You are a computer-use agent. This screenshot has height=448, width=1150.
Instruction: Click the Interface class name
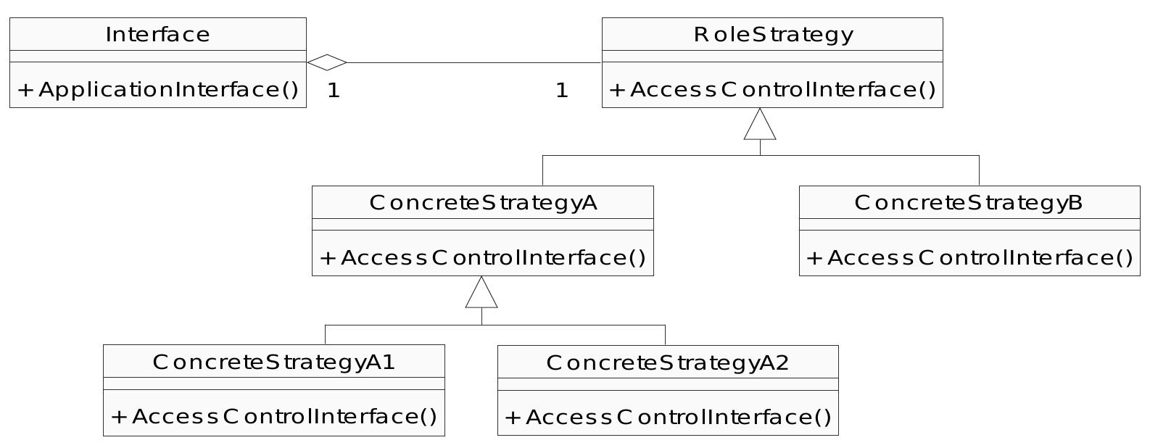tap(157, 34)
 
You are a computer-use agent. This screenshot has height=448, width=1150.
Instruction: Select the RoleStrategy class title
tap(773, 34)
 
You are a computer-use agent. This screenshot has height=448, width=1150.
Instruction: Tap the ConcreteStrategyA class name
tap(483, 202)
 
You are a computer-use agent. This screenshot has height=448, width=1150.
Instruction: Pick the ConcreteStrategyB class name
tap(969, 202)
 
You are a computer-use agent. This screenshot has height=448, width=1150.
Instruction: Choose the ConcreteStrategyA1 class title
tap(274, 362)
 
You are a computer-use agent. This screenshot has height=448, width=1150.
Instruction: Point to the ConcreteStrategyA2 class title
tap(667, 362)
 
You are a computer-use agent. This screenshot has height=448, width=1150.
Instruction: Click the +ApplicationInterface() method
tap(157, 90)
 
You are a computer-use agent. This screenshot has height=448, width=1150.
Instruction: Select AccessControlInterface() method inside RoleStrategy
tap(773, 90)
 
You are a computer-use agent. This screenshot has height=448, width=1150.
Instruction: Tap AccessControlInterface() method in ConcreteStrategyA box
tap(483, 258)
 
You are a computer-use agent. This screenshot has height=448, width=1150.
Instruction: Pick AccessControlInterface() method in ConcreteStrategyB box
tap(969, 258)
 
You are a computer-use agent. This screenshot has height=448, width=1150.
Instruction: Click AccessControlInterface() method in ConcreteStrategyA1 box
tap(274, 417)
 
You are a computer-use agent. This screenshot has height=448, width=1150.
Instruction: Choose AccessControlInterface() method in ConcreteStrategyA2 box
tap(667, 418)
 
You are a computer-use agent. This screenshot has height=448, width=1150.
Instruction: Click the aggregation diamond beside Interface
tap(327, 62)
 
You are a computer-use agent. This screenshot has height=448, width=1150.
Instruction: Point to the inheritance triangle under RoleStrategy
tap(760, 125)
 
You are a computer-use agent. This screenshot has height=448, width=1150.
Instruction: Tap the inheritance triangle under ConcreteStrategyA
tap(481, 294)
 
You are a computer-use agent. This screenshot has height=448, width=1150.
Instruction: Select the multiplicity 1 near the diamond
tap(334, 91)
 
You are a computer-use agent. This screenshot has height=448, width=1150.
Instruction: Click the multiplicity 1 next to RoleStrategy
tap(561, 91)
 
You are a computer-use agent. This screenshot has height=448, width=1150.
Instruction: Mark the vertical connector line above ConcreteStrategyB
tap(979, 170)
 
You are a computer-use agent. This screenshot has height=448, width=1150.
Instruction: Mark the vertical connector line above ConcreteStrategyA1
tap(326, 334)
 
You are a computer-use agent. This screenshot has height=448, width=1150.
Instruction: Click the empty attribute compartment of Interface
tap(157, 57)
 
